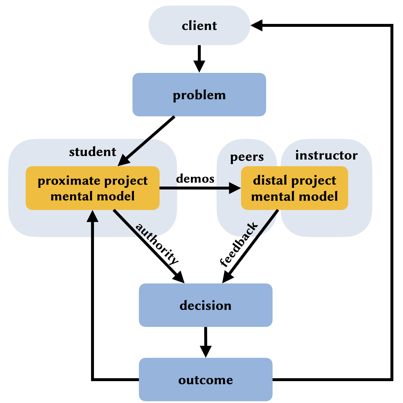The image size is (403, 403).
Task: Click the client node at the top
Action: point(199,26)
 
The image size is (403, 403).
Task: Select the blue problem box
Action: point(199,95)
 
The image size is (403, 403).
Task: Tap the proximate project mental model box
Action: point(93,188)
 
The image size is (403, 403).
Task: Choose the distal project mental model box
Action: point(294,188)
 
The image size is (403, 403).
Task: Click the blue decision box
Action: point(205,305)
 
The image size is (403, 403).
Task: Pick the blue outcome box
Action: point(205,380)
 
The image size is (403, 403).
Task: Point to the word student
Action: point(93,152)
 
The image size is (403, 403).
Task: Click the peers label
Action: point(247,157)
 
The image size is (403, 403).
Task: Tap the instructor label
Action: point(326,155)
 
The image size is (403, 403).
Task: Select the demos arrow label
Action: point(195,178)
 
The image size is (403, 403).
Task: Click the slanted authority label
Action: point(157,244)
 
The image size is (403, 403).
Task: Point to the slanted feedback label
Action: point(239,244)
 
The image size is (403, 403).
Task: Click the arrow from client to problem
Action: point(199,57)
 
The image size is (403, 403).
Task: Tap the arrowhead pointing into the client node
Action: point(257,25)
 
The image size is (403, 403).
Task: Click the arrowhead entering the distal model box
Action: point(235,188)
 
